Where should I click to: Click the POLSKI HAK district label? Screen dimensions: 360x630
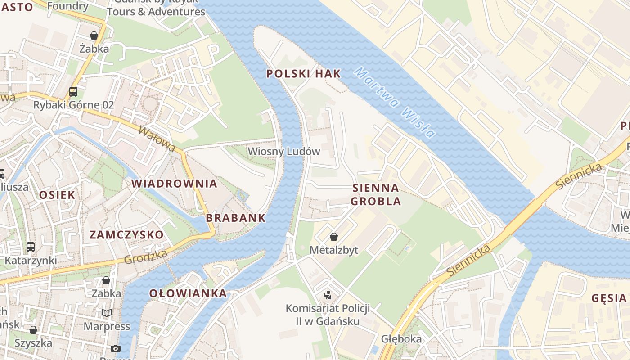click(x=303, y=74)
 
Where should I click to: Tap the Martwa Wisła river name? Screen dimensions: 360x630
click(x=394, y=102)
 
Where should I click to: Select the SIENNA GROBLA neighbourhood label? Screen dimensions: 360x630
click(x=376, y=194)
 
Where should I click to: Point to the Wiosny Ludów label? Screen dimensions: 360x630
click(x=284, y=151)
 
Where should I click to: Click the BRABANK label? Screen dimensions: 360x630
click(x=236, y=218)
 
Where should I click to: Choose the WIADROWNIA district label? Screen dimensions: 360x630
click(x=174, y=184)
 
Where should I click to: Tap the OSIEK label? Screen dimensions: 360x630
click(x=57, y=195)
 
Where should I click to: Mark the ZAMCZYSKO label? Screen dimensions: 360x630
click(x=126, y=235)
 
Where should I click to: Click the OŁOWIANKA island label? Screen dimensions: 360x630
click(x=188, y=294)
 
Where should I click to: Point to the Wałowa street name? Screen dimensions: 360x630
click(x=157, y=139)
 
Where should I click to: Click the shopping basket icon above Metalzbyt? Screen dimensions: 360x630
click(x=334, y=237)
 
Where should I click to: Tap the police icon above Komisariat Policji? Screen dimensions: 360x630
click(x=328, y=295)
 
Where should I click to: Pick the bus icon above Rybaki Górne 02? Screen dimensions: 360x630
click(x=73, y=92)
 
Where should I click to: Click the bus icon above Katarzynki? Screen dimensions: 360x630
click(x=31, y=247)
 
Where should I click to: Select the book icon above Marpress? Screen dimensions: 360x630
click(x=107, y=313)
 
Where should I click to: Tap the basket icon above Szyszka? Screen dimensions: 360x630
click(x=33, y=330)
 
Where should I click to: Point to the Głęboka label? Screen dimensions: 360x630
click(x=401, y=339)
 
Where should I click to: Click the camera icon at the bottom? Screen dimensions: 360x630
click(x=116, y=348)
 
